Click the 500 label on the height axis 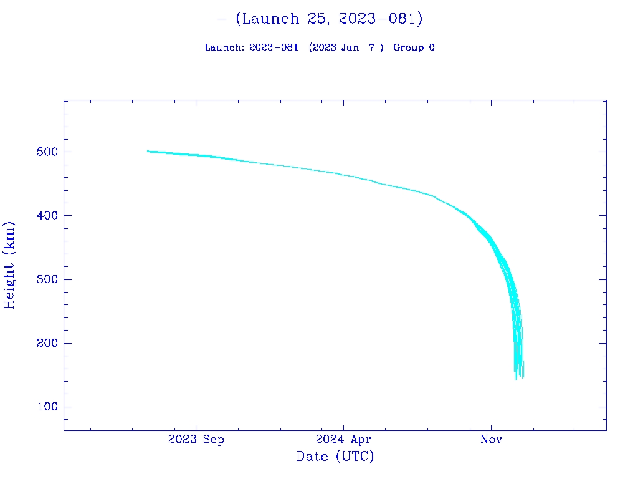point(47,152)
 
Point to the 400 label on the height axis point(47,216)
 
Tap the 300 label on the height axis point(47,279)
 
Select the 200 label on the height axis point(47,343)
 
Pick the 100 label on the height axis point(47,407)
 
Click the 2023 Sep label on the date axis point(196,440)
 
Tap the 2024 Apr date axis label point(343,440)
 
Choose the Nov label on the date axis point(491,440)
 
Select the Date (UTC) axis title point(335,457)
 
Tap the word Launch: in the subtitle point(224,47)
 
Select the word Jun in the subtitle point(350,47)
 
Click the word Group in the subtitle point(408,47)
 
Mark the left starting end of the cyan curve point(148,151)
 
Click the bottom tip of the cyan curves point(516,379)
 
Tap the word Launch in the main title point(270,19)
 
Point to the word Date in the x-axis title point(312,457)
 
